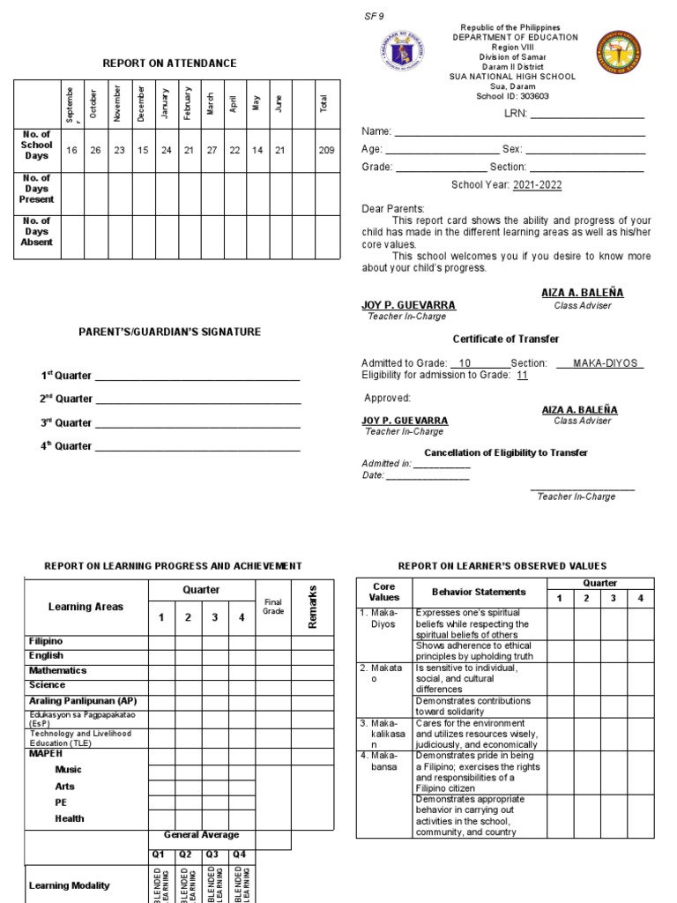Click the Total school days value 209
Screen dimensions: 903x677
(326, 151)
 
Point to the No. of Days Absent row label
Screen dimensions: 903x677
(37, 231)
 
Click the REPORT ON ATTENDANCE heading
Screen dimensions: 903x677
(169, 63)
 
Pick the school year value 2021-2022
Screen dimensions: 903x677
(530, 185)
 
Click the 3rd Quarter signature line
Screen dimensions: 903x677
(197, 423)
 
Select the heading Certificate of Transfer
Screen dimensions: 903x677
(505, 340)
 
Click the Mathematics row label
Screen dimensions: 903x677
(58, 670)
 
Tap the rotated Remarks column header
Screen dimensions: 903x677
(313, 606)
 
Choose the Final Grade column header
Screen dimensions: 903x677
(273, 607)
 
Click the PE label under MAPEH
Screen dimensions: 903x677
(62, 802)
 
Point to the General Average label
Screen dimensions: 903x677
(201, 835)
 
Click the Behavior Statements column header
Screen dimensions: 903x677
(479, 592)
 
